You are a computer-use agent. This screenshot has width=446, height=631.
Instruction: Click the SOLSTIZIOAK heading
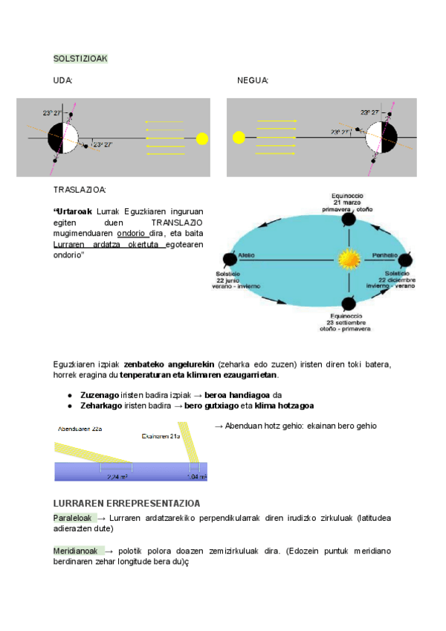click(x=81, y=58)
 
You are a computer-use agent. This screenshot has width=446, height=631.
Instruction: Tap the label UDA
click(x=63, y=80)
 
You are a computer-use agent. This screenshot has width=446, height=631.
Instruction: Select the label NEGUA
click(x=253, y=80)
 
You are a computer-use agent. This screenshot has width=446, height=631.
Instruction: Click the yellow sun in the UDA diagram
click(x=201, y=138)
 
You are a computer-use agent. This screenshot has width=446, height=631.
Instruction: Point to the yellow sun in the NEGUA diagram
click(x=239, y=137)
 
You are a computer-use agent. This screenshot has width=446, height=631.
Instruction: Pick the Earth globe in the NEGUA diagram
click(x=384, y=137)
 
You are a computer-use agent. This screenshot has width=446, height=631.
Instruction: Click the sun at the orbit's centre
click(x=348, y=260)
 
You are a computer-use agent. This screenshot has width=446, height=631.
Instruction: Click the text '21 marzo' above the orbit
click(x=347, y=203)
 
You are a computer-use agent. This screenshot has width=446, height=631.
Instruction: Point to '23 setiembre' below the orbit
click(x=346, y=321)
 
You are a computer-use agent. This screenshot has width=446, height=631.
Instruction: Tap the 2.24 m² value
click(x=117, y=476)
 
